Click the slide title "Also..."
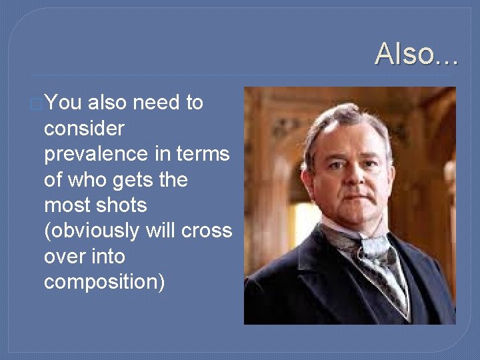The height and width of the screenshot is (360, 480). (x=416, y=53)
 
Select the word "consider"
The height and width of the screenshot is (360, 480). (x=84, y=128)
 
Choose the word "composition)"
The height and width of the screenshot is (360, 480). (x=104, y=282)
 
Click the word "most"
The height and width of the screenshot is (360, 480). (x=67, y=205)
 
